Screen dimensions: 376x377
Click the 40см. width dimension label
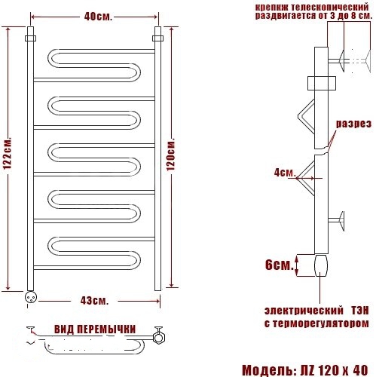coord(98,17)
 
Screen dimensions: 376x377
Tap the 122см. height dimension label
coord(8,153)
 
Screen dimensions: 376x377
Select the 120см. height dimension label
coord(171,155)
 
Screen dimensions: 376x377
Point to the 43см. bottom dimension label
coord(94,301)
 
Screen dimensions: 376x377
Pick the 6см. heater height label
coord(280,265)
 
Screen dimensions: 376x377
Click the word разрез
coord(353,124)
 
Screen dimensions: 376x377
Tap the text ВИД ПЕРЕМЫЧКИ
coord(95,329)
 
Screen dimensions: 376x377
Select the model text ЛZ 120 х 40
coord(334,369)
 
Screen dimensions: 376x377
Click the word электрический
coord(304,311)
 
